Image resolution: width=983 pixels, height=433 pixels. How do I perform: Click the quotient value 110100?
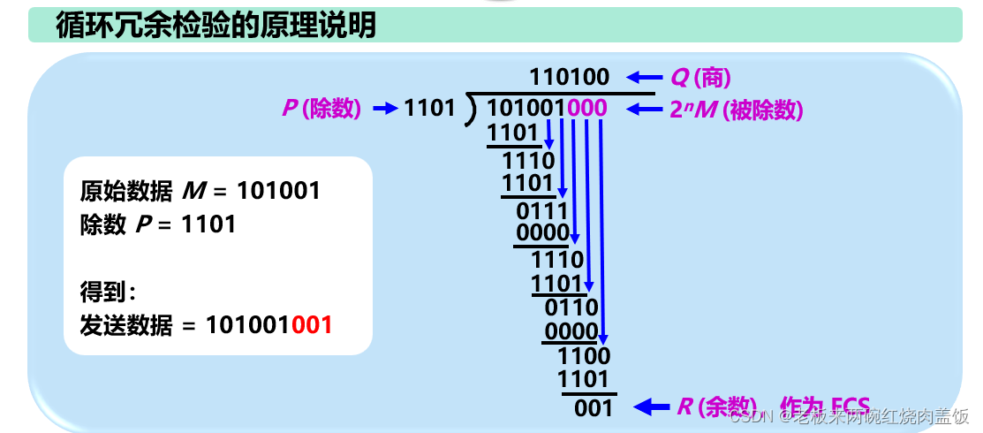tap(570, 78)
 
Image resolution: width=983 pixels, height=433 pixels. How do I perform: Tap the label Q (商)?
tap(701, 78)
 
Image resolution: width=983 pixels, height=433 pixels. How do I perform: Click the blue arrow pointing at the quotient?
tap(644, 78)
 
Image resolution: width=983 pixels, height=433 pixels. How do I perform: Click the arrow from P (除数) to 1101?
tap(385, 109)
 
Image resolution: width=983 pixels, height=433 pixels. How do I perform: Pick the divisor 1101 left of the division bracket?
tap(429, 109)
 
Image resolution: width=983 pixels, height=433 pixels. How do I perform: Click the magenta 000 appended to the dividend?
tap(587, 109)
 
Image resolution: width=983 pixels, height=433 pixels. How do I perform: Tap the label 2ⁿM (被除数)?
tap(737, 109)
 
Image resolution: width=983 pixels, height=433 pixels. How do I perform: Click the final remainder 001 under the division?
tap(593, 407)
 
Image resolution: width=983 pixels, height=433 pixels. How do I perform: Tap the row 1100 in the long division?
tap(584, 356)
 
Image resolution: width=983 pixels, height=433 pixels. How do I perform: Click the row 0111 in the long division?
tap(541, 210)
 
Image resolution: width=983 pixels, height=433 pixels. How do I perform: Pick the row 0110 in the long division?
tap(571, 308)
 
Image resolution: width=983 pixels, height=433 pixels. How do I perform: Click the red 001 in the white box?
tap(312, 324)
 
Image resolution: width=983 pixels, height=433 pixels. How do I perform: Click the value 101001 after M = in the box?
tap(278, 191)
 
